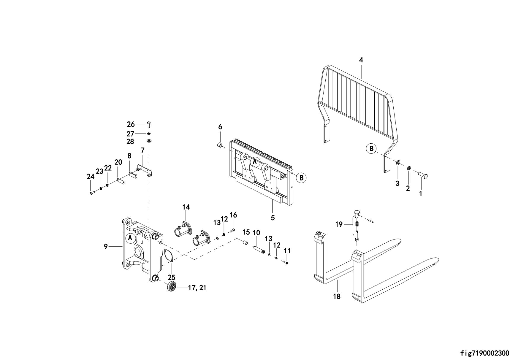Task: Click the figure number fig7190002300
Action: tap(484, 353)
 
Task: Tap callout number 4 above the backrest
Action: tap(361, 60)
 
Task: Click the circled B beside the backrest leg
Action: tap(371, 148)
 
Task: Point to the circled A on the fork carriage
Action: tap(255, 162)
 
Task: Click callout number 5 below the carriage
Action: tap(273, 218)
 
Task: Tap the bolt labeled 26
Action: tap(149, 125)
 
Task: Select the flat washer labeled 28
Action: tap(149, 141)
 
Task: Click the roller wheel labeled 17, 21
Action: tap(172, 287)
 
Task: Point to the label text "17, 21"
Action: tap(197, 288)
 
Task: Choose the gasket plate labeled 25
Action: tap(169, 256)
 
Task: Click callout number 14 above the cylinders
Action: tap(186, 207)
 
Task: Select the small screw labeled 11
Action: tap(286, 262)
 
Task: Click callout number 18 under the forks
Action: tap(337, 296)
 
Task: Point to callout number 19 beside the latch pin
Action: tap(339, 224)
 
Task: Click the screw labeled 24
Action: tap(92, 193)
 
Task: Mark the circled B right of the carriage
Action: tap(301, 178)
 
